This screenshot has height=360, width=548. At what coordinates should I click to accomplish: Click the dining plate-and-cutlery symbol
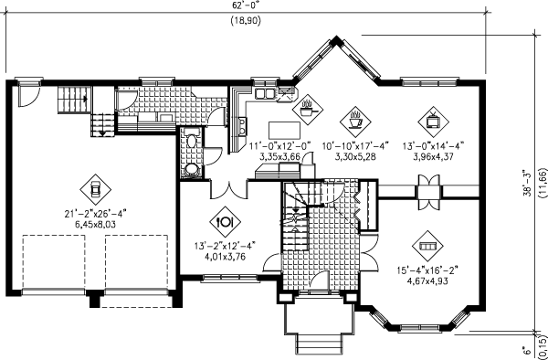coord(225,220)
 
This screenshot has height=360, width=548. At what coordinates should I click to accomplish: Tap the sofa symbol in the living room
coord(427,245)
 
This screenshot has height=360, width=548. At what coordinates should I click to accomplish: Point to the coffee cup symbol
coord(353,118)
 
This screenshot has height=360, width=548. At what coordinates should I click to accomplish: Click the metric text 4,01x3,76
coord(225,255)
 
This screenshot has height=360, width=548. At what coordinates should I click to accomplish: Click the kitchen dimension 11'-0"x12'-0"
coord(280,145)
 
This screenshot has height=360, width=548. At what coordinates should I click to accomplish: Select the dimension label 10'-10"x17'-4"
coord(353,144)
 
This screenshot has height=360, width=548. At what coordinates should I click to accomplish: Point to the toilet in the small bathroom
coord(191,169)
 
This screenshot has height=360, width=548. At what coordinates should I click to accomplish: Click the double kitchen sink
coord(266,93)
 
